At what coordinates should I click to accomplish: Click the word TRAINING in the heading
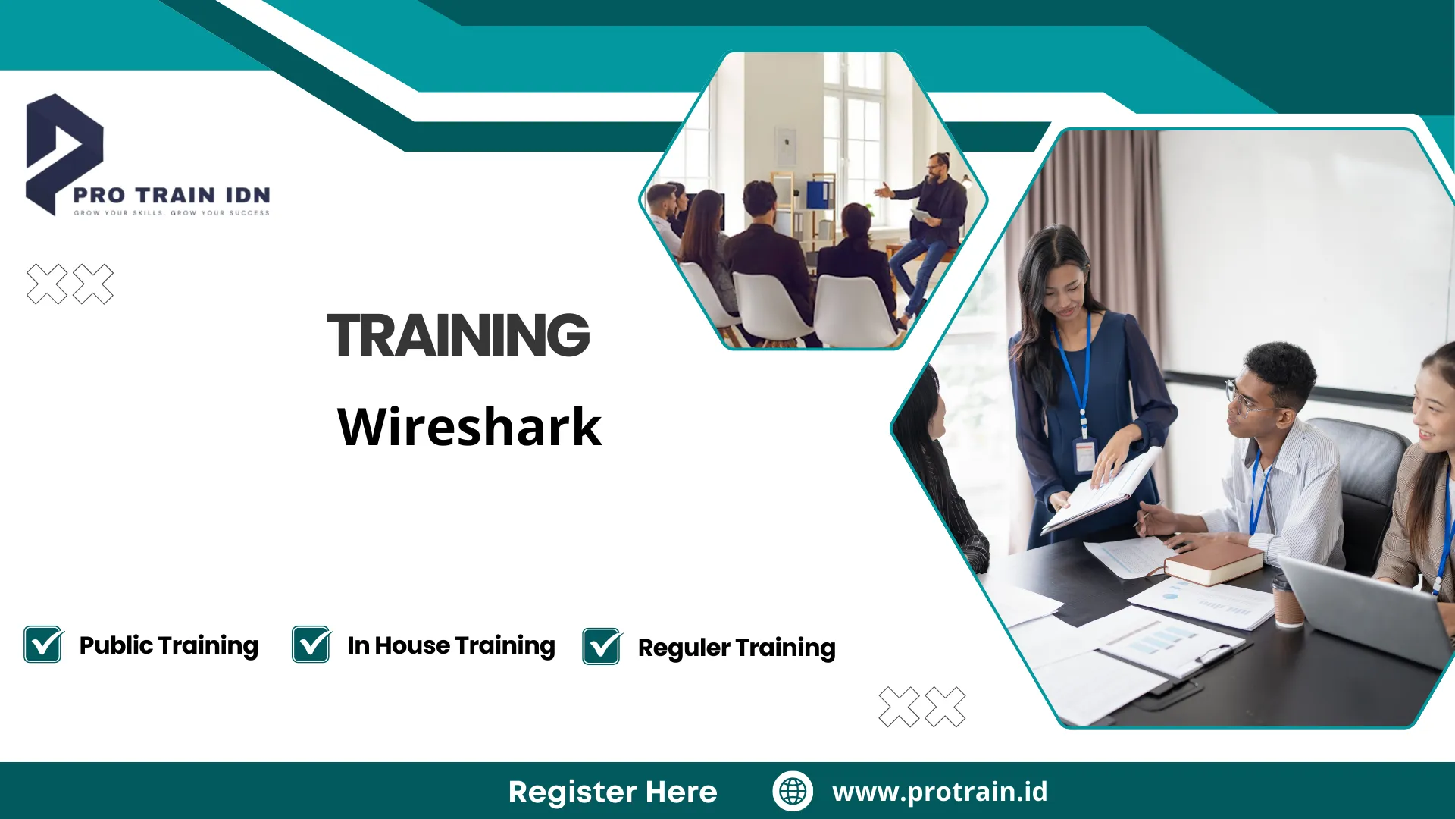tap(458, 335)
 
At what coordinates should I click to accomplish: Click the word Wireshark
tap(470, 426)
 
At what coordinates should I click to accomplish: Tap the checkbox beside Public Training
tap(43, 644)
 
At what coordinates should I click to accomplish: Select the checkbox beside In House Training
tap(311, 644)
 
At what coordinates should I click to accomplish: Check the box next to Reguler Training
tap(602, 646)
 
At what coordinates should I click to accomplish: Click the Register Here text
tap(612, 792)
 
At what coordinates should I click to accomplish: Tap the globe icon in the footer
tap(793, 791)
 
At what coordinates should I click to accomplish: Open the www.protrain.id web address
tap(940, 792)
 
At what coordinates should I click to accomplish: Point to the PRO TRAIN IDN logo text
tap(171, 195)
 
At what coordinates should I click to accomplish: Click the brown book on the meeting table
tap(1213, 562)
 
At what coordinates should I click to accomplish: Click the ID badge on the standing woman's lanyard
tap(1084, 456)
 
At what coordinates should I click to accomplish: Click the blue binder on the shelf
tap(818, 193)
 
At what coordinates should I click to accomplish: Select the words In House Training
tap(452, 645)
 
